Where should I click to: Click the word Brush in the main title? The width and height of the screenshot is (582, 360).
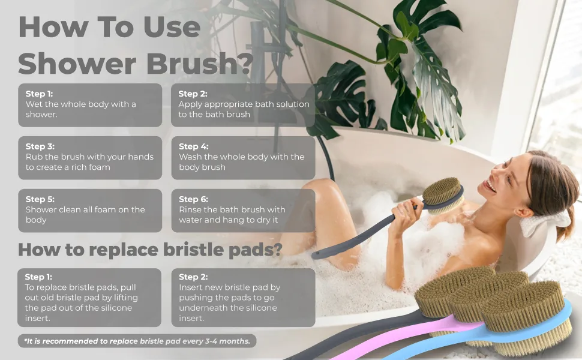(191, 64)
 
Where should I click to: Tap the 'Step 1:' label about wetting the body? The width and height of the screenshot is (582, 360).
(39, 94)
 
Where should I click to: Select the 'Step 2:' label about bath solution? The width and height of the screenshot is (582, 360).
(193, 94)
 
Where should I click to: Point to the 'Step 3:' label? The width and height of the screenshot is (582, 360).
(40, 146)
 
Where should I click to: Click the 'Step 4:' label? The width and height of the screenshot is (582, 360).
(193, 146)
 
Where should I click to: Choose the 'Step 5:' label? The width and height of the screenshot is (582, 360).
(40, 199)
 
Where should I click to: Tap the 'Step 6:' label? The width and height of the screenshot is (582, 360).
(193, 199)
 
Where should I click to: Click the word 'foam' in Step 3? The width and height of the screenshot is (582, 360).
(100, 167)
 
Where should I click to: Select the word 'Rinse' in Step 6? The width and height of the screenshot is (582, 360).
(190, 209)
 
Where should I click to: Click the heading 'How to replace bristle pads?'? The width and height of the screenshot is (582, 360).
(151, 250)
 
